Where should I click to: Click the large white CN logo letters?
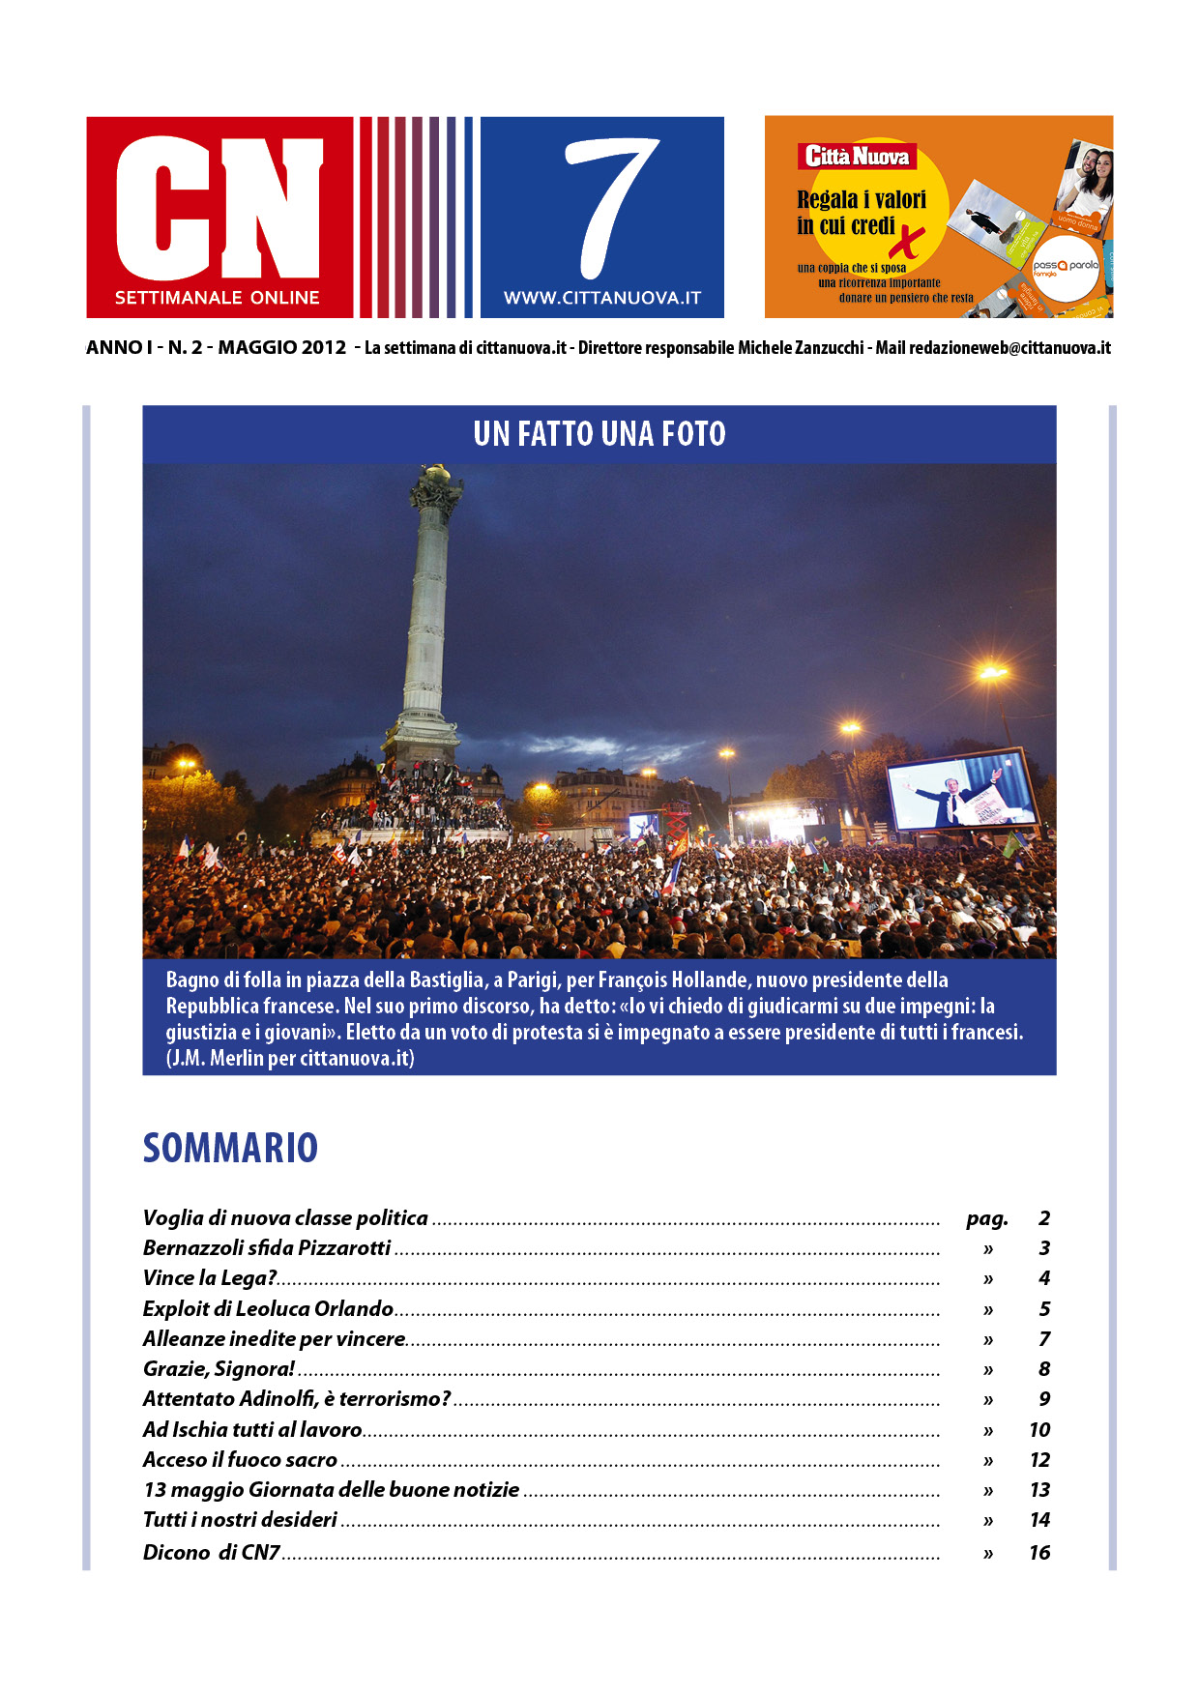click(x=219, y=207)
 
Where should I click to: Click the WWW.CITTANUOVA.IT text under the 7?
click(x=601, y=299)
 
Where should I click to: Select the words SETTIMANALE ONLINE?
click(x=217, y=298)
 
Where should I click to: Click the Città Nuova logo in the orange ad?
click(x=857, y=157)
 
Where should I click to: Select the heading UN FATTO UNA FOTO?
click(x=599, y=434)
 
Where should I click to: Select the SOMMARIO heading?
click(x=230, y=1148)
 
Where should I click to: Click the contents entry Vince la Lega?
click(x=210, y=1278)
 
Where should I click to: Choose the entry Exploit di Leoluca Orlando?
click(x=268, y=1309)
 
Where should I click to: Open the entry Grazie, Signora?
click(x=219, y=1369)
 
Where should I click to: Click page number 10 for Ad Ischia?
click(x=1039, y=1430)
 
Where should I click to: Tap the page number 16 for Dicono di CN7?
click(x=1039, y=1553)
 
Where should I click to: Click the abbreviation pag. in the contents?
click(x=986, y=1218)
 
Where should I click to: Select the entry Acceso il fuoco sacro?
click(x=240, y=1460)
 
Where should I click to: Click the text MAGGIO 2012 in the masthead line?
click(x=281, y=348)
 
